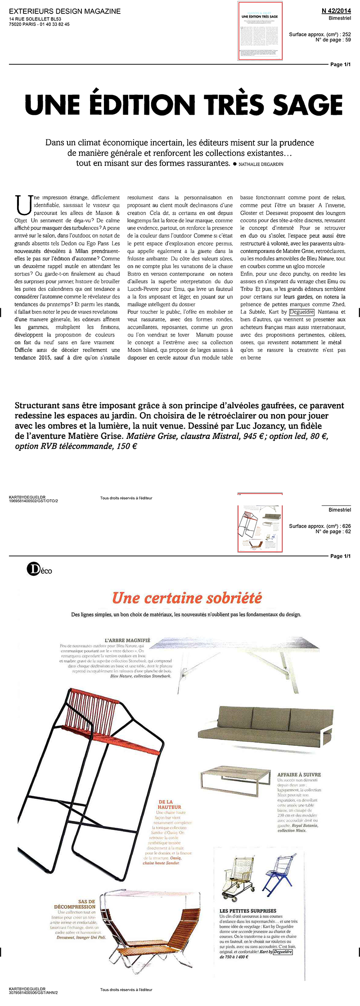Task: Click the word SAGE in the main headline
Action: point(308,105)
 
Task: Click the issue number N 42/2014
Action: point(336,11)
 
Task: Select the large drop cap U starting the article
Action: point(21,204)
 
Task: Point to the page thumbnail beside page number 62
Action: point(260,522)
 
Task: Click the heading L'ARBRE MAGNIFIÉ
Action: point(127,640)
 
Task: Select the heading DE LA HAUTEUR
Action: point(166,804)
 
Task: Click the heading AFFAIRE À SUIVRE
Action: point(299,775)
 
